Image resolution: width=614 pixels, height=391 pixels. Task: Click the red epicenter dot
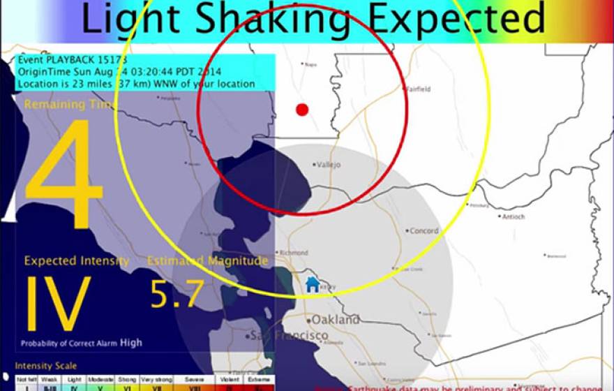[x=302, y=110]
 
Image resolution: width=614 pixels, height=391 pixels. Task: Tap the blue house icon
[x=312, y=284]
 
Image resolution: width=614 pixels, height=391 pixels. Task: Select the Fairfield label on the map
[x=420, y=89]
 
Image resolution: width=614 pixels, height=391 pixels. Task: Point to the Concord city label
[x=424, y=231]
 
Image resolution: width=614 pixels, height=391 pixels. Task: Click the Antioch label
[x=514, y=216]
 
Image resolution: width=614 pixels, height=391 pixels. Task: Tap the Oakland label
[x=336, y=320]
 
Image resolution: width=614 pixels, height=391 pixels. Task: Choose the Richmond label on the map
[x=293, y=252]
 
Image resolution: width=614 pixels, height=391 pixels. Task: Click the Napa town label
[x=310, y=65]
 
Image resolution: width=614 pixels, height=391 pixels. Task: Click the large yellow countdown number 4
[x=64, y=176]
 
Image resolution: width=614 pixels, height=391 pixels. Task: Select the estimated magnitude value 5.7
[x=177, y=293]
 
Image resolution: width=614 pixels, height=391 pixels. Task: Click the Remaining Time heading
[x=71, y=105]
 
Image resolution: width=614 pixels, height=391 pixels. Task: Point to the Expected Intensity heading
[x=77, y=261]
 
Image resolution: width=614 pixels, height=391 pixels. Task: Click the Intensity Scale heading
[x=46, y=366]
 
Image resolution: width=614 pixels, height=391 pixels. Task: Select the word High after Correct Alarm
[x=131, y=343]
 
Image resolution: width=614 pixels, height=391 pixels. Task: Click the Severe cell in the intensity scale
[x=195, y=378]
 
